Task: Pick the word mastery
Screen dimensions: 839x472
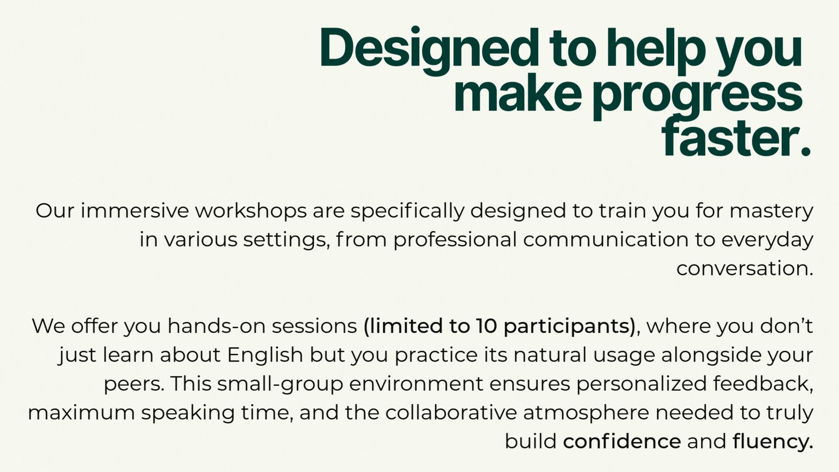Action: coord(771,212)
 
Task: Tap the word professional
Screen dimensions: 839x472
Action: coord(455,240)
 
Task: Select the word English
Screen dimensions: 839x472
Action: coord(265,355)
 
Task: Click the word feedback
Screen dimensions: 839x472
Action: coord(763,384)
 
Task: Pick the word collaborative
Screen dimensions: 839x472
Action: coord(451,413)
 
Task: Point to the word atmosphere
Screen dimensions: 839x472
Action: coord(586,413)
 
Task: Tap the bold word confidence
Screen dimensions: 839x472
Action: coord(622,441)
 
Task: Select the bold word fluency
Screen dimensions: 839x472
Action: coord(773,442)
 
